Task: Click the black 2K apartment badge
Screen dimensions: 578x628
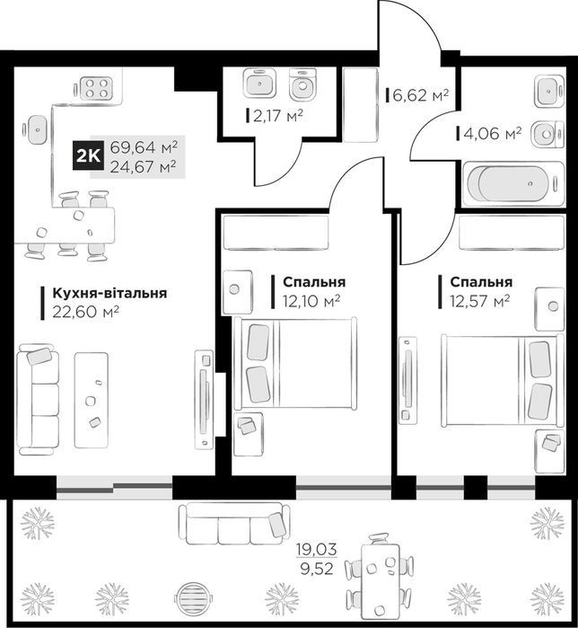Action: pyautogui.click(x=88, y=155)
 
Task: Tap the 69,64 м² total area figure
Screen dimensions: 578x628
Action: pyautogui.click(x=144, y=147)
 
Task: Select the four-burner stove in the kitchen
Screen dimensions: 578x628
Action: pyautogui.click(x=96, y=88)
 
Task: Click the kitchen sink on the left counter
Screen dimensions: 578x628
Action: pyautogui.click(x=38, y=130)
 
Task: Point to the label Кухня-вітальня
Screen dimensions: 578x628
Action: pyautogui.click(x=109, y=293)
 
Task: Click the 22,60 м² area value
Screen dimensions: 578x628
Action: pyautogui.click(x=85, y=312)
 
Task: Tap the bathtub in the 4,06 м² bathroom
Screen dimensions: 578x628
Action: pyautogui.click(x=513, y=183)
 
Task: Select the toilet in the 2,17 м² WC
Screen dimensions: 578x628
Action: pyautogui.click(x=302, y=84)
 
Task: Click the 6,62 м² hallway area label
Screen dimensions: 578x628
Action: pyautogui.click(x=420, y=95)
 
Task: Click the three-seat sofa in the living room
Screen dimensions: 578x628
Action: pyautogui.click(x=38, y=399)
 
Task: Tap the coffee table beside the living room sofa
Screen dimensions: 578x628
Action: pyautogui.click(x=92, y=400)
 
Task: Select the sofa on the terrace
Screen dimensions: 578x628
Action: pyautogui.click(x=235, y=524)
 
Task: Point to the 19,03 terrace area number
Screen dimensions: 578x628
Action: pyautogui.click(x=317, y=549)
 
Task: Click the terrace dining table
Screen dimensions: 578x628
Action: pyautogui.click(x=378, y=579)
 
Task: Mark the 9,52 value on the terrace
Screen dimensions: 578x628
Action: pyautogui.click(x=317, y=569)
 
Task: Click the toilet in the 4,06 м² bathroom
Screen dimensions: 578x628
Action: pyautogui.click(x=547, y=133)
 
